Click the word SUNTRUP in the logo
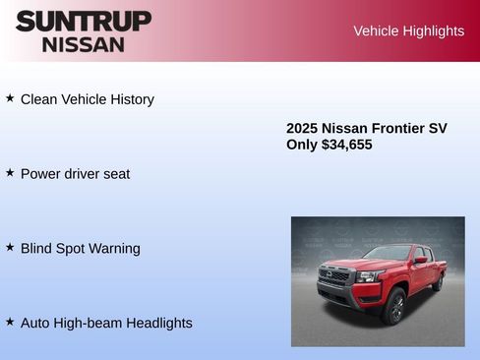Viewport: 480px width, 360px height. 84,21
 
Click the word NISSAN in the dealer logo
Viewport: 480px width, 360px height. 84,44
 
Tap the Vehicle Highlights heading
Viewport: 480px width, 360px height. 408,31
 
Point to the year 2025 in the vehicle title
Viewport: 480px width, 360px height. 302,128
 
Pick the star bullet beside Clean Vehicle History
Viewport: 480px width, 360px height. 10,98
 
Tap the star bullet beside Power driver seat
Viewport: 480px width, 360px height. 10,172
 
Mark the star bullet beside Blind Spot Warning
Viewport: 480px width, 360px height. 10,247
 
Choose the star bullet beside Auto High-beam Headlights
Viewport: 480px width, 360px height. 10,322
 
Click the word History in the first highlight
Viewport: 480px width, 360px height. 130,99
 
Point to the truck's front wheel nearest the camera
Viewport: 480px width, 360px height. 394,307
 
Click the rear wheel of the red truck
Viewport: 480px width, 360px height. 438,282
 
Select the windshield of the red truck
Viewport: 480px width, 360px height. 389,253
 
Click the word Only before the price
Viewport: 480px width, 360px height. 302,145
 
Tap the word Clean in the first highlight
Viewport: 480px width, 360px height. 39,99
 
